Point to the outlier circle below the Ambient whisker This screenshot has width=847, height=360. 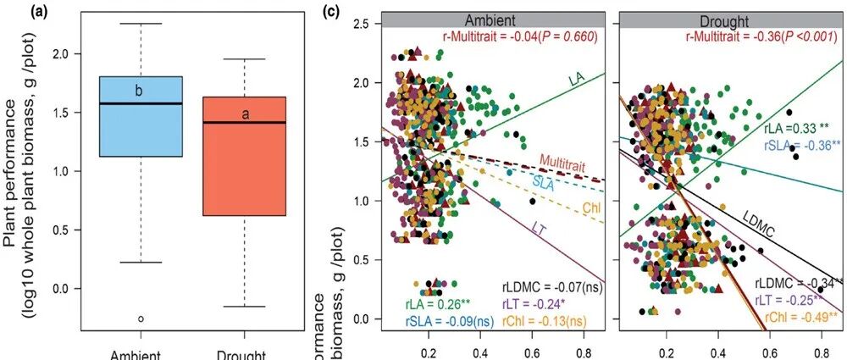(x=141, y=318)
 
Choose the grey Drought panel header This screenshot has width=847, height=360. (x=725, y=19)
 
